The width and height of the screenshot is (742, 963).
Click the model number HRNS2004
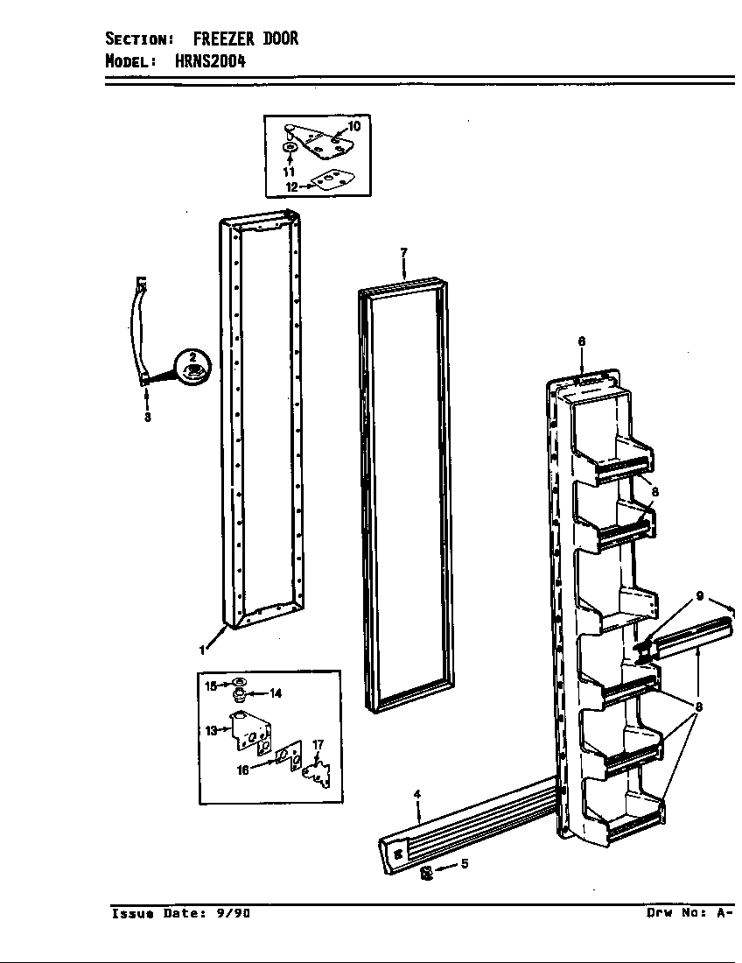pyautogui.click(x=211, y=60)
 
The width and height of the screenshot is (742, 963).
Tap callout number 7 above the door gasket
pyautogui.click(x=403, y=252)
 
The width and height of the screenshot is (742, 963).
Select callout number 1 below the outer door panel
pyautogui.click(x=201, y=650)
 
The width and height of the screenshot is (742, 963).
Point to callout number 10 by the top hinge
pyautogui.click(x=354, y=126)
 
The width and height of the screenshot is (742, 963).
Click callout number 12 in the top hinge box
pyautogui.click(x=291, y=186)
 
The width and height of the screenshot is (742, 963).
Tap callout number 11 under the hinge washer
pyautogui.click(x=289, y=172)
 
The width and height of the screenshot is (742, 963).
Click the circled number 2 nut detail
pyautogui.click(x=192, y=367)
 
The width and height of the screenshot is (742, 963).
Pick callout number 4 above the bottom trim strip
pyautogui.click(x=417, y=794)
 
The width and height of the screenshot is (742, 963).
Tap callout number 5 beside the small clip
pyautogui.click(x=465, y=863)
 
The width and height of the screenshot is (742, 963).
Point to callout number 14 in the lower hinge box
pyautogui.click(x=276, y=693)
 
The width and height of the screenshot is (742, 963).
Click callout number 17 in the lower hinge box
pyautogui.click(x=318, y=745)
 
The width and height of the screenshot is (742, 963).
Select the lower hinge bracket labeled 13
pyautogui.click(x=250, y=731)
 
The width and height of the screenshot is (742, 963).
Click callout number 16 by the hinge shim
pyautogui.click(x=243, y=770)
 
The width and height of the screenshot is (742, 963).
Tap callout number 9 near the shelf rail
pyautogui.click(x=700, y=595)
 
